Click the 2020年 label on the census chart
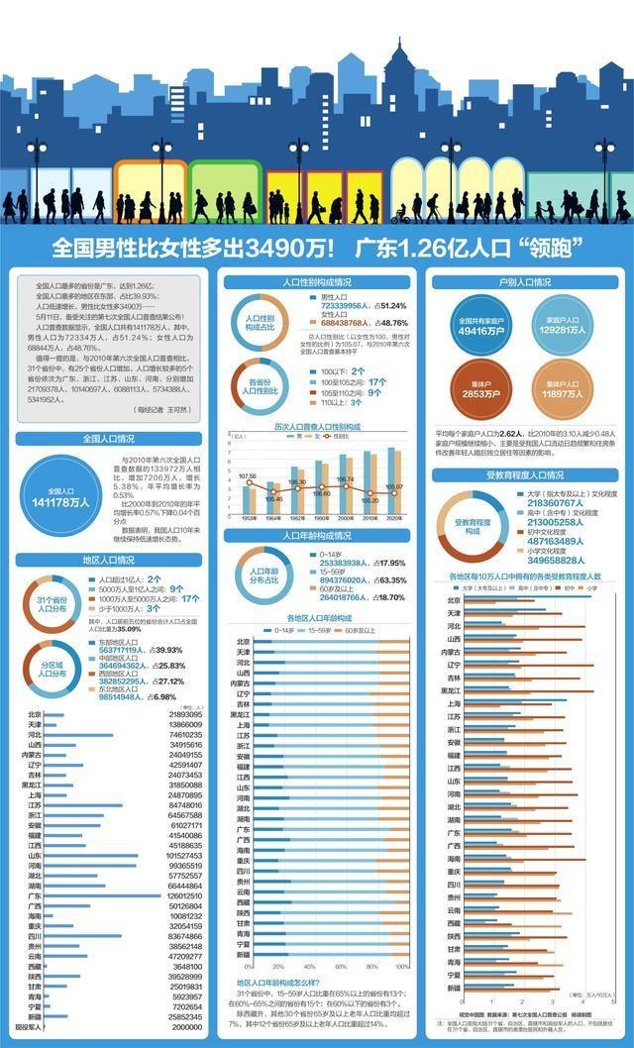(392, 518)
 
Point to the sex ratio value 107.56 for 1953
(248, 476)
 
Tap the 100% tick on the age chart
(402, 966)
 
